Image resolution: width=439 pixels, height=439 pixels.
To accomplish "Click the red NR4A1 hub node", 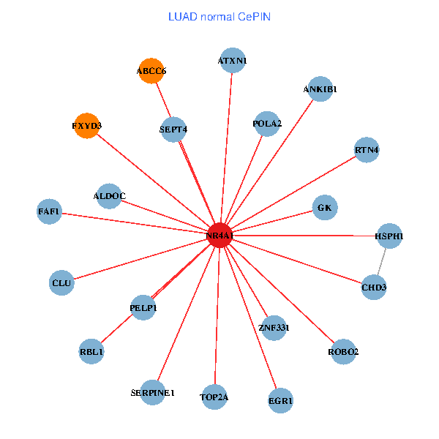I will (219, 236).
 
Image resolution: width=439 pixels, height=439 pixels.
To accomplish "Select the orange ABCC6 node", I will (151, 71).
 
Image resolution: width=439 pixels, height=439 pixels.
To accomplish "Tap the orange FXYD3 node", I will (86, 126).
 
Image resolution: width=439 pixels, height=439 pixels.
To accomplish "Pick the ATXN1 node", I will (233, 61).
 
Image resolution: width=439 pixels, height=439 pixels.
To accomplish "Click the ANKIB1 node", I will (320, 89).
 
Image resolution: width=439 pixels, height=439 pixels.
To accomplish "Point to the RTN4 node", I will (367, 151).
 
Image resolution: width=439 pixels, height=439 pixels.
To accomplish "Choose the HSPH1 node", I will (389, 236).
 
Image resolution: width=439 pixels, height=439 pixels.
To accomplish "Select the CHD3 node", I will (374, 287).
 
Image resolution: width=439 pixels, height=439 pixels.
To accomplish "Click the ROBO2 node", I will (344, 352).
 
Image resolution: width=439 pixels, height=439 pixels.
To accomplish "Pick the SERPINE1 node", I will (153, 393).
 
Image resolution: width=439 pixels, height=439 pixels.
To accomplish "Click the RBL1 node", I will (91, 352).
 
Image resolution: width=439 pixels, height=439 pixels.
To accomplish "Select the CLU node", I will (61, 282).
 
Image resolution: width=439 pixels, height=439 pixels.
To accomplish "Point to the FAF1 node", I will (50, 212).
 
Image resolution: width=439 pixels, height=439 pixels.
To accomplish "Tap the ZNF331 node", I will (274, 327).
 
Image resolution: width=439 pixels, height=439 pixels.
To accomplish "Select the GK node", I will (325, 208).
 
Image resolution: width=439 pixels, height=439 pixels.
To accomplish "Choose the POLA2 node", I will (267, 124).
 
